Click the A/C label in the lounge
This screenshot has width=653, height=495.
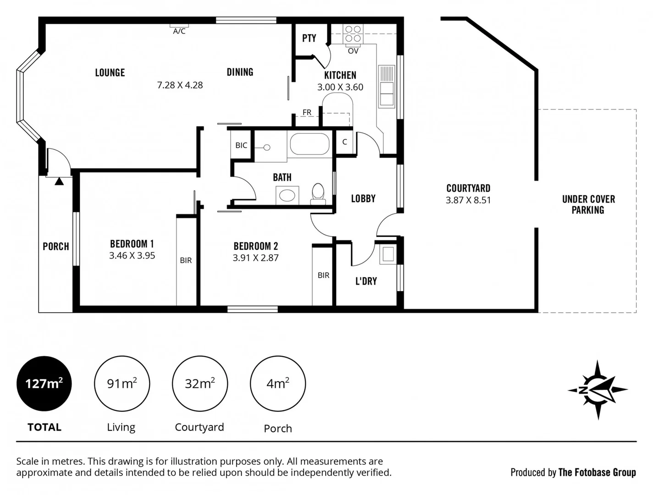pyautogui.click(x=179, y=31)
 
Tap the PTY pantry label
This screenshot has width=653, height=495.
pyautogui.click(x=309, y=38)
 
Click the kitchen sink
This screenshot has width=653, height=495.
pyautogui.click(x=386, y=87)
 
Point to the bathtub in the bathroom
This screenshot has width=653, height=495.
pyautogui.click(x=310, y=144)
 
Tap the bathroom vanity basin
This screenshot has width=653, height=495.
pyautogui.click(x=288, y=196)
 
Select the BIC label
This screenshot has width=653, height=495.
pyautogui.click(x=241, y=145)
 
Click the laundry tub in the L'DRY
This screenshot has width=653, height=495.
pyautogui.click(x=388, y=254)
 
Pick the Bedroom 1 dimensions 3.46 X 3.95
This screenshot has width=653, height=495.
pyautogui.click(x=132, y=256)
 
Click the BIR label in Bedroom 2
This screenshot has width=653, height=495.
pyautogui.click(x=323, y=275)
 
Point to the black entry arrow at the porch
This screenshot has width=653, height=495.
pyautogui.click(x=59, y=181)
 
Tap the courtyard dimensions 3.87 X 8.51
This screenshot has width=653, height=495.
pyautogui.click(x=468, y=200)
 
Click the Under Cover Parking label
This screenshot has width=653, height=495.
pyautogui.click(x=588, y=204)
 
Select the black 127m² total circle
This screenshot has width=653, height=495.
pyautogui.click(x=44, y=383)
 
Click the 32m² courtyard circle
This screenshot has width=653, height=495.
pyautogui.click(x=200, y=383)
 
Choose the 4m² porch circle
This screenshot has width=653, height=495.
pyautogui.click(x=278, y=383)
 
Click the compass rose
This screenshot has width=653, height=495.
pyautogui.click(x=598, y=390)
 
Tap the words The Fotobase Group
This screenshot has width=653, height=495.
pyautogui.click(x=597, y=473)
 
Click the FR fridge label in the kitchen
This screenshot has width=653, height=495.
pyautogui.click(x=307, y=112)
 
